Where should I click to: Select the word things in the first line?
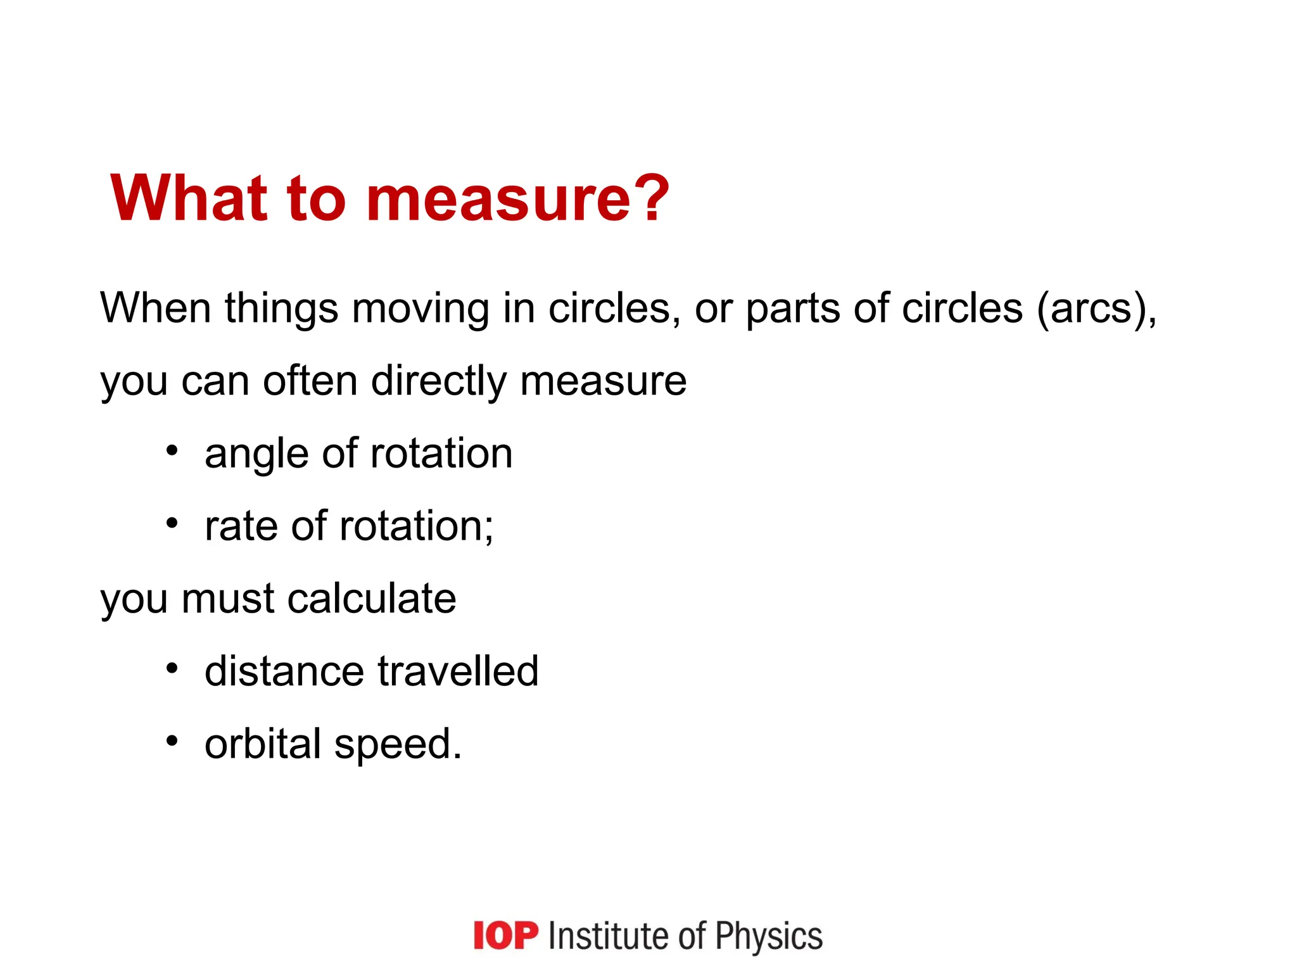(x=281, y=309)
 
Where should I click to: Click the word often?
(x=310, y=381)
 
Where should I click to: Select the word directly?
(x=438, y=383)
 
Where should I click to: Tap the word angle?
(x=256, y=455)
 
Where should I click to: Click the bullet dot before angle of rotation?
(x=172, y=452)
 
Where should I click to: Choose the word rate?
(x=241, y=527)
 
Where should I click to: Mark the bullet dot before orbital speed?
(x=172, y=741)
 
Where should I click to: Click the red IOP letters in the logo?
(x=505, y=936)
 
